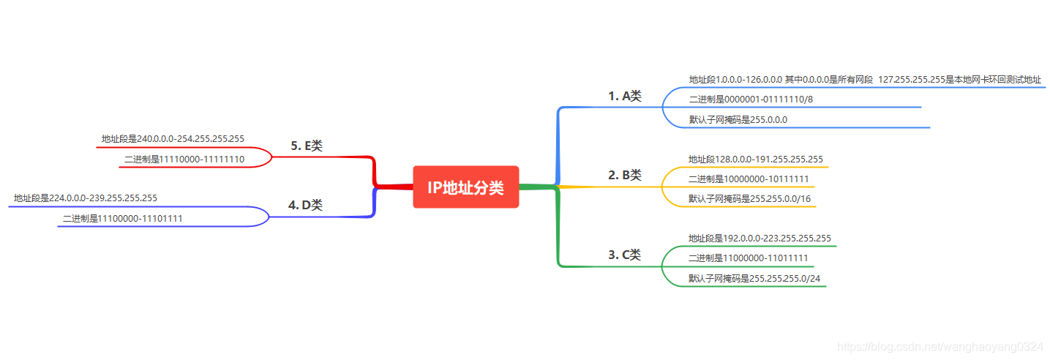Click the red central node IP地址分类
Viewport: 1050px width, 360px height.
point(466,187)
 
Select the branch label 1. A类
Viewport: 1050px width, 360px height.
point(624,96)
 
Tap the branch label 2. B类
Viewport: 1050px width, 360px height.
point(624,175)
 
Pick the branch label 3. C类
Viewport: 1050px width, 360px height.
point(624,255)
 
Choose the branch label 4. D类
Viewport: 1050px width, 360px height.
point(305,206)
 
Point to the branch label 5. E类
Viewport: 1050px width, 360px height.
point(306,146)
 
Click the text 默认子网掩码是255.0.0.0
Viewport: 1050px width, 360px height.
point(738,119)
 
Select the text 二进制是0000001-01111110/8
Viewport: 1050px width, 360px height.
point(751,99)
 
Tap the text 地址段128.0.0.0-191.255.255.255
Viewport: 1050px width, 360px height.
point(755,159)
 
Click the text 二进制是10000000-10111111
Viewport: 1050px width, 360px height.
point(748,179)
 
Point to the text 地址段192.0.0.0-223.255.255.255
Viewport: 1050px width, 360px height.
point(759,238)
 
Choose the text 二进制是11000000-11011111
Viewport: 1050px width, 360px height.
point(748,258)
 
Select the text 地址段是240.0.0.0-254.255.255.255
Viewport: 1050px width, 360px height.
point(173,138)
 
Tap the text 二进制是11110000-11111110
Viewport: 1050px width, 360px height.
point(184,158)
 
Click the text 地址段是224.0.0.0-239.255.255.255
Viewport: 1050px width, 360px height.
point(85,198)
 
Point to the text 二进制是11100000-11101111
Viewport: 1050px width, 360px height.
point(122,218)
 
